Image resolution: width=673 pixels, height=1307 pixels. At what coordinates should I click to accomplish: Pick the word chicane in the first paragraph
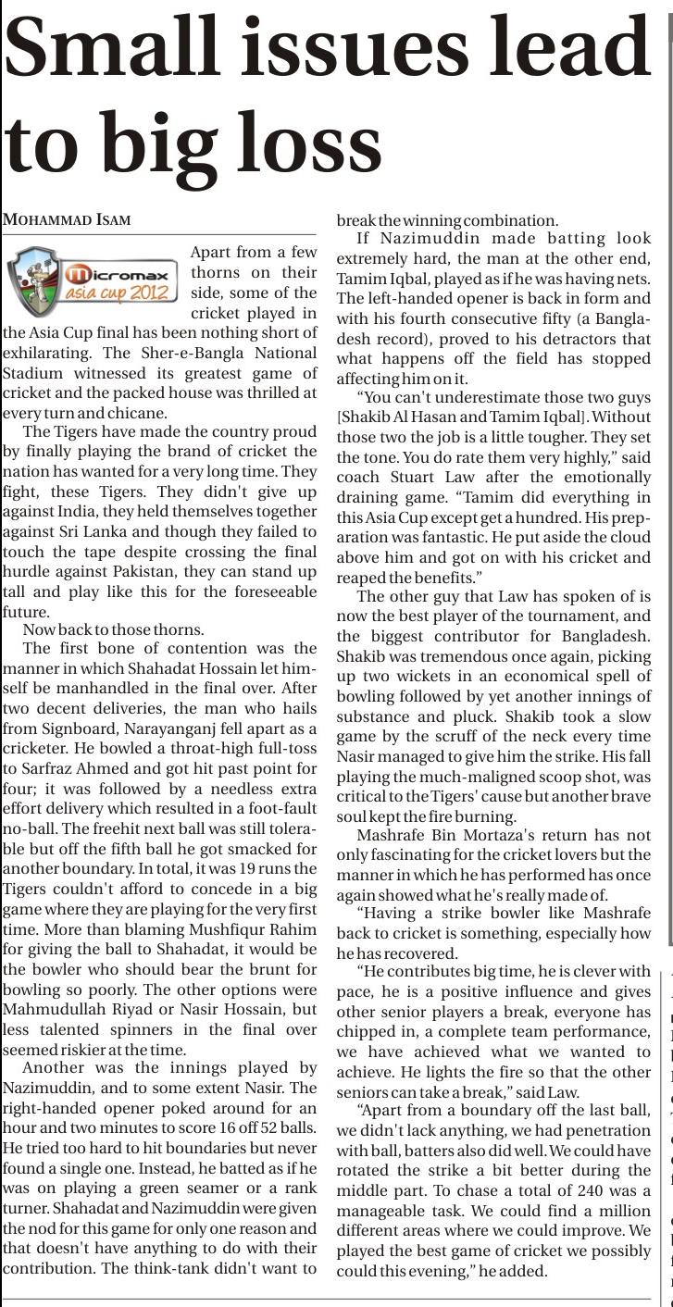click(x=140, y=414)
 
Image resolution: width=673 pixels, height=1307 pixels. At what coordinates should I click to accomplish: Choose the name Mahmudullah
click(x=48, y=1010)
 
